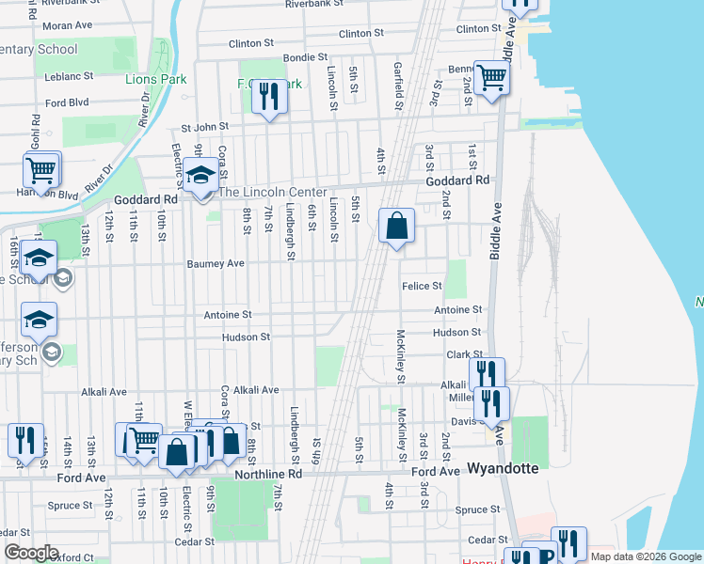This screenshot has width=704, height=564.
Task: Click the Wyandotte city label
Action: pos(504,468)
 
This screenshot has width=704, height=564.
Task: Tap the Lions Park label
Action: pos(155,78)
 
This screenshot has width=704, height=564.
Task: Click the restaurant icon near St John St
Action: pos(270,96)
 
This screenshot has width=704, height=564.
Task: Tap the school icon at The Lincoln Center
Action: pos(200,176)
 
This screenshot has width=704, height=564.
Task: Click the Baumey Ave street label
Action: pos(216,264)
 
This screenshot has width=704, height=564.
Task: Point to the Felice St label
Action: pos(422,286)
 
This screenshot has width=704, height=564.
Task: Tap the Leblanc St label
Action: pos(69,75)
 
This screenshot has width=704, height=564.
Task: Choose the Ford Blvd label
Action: pos(66,102)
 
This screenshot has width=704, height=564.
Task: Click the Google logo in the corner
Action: pos(32,553)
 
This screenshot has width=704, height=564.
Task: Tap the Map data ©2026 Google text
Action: pos(646,556)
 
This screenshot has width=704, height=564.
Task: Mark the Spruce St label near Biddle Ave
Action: pos(478,509)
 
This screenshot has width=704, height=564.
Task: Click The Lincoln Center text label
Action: pos(273,192)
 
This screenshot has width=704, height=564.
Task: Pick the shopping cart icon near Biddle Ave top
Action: pos(491,78)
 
